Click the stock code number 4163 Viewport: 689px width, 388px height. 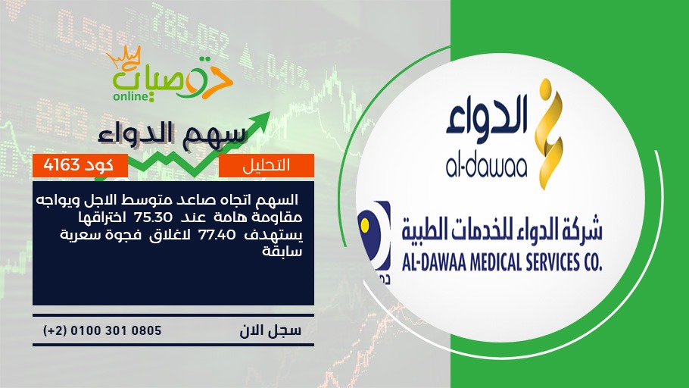(61, 165)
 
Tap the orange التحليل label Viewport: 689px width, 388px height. (267, 165)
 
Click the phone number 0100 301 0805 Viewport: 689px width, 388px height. (116, 330)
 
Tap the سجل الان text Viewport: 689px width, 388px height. (270, 330)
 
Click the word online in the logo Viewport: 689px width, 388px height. (130, 96)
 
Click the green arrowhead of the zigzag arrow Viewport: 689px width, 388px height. (261, 120)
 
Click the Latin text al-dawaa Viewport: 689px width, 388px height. (486, 167)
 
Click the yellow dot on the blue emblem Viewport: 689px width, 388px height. (365, 226)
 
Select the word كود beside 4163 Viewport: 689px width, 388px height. (98, 165)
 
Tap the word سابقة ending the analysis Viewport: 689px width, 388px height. (282, 252)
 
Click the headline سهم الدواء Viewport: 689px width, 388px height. (171, 134)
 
